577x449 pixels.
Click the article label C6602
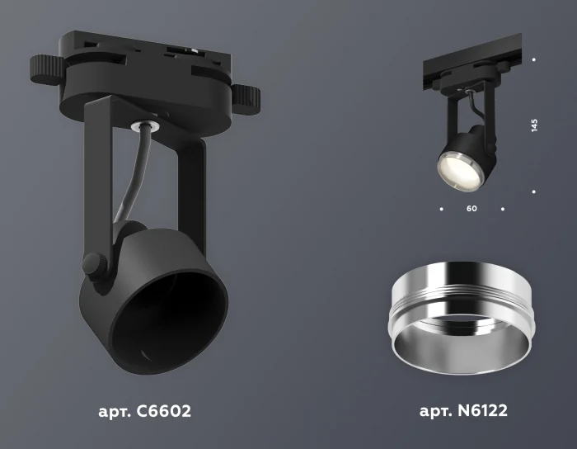point(143,409)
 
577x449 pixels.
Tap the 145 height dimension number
point(534,125)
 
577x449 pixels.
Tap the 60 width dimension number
point(471,209)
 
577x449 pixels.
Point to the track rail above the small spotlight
point(470,62)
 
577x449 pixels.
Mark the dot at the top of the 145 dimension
point(534,59)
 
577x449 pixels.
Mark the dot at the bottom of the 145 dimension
point(534,192)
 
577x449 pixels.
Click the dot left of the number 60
point(441,209)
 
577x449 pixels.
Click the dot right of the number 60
point(502,209)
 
